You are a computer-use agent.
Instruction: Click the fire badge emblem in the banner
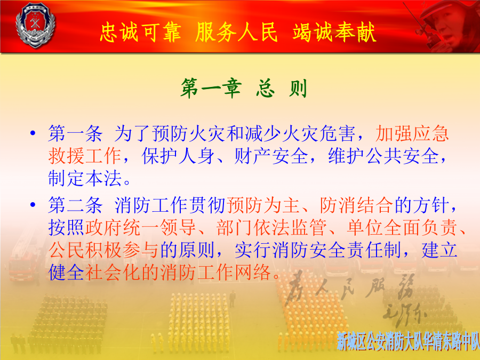tap(35, 25)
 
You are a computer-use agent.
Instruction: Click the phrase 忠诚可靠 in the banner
tap(140, 32)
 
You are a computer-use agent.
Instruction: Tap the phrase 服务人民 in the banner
tap(236, 32)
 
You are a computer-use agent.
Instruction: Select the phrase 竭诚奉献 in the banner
tap(334, 32)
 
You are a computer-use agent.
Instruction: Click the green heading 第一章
tap(211, 88)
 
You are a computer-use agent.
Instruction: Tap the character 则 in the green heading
tap(298, 88)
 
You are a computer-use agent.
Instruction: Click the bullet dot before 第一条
tap(33, 133)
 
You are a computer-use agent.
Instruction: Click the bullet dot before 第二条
tap(33, 204)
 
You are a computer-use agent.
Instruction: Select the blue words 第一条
tap(75, 133)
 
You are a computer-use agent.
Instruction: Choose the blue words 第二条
tap(75, 205)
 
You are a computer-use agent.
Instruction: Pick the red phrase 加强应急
tap(412, 133)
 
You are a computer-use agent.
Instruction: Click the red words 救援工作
tap(85, 156)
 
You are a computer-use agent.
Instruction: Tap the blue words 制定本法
tap(85, 178)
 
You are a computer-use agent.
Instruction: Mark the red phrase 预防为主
tap(263, 205)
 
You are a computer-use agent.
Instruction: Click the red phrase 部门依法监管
tap(271, 227)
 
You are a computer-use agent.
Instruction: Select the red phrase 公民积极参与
tap(103, 250)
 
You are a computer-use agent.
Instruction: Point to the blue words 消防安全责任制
tap(318, 250)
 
